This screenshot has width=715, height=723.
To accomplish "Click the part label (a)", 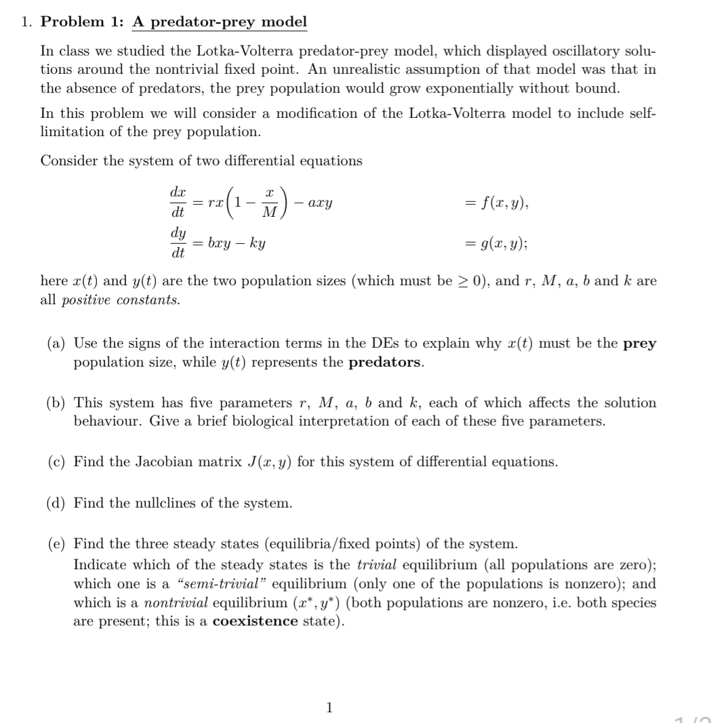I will tap(56, 344).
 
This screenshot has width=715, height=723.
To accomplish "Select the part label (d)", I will tap(56, 503).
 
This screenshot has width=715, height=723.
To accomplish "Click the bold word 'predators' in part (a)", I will tap(385, 361).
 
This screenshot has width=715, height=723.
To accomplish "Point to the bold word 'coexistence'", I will tap(255, 622).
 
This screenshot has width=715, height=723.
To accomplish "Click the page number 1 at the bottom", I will tap(329, 708).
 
